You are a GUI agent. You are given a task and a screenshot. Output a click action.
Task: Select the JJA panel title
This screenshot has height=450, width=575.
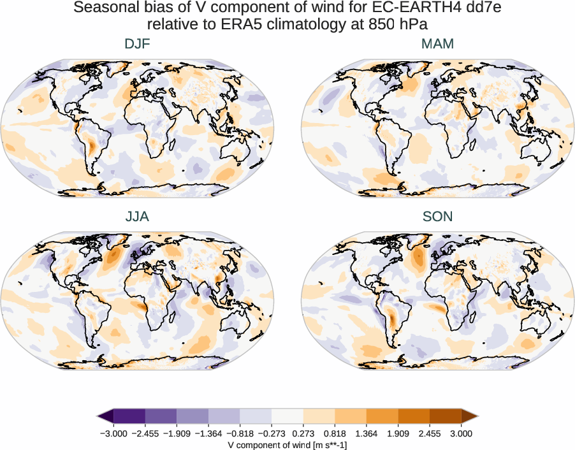[x=137, y=217]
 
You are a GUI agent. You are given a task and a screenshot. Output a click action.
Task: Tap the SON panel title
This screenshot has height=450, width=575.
[x=437, y=217]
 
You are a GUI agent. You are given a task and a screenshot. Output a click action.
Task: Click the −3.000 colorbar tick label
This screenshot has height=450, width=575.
[x=114, y=433]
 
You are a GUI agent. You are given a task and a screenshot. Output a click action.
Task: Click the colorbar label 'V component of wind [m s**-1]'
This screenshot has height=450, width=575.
[x=287, y=445]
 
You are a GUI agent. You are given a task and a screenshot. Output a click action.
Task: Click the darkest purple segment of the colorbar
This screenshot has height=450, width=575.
[x=129, y=416]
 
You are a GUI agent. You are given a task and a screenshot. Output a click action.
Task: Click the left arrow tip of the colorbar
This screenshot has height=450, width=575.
[x=99, y=416]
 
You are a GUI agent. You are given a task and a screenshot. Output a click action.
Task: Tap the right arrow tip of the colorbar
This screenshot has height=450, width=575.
[x=476, y=416]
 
